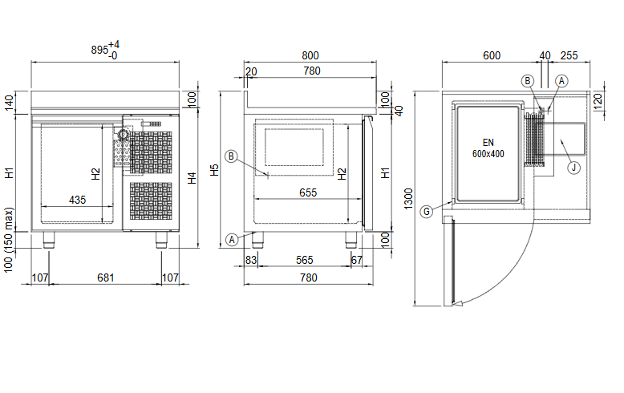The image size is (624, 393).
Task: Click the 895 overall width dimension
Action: click(x=99, y=50)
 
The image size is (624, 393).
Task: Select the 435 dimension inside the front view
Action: click(x=77, y=200)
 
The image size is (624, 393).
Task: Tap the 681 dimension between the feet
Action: click(x=105, y=278)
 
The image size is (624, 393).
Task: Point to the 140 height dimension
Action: click(x=9, y=103)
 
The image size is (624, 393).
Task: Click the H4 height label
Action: click(x=192, y=178)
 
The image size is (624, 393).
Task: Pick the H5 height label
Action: click(x=214, y=170)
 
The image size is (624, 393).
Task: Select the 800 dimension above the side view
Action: click(x=310, y=55)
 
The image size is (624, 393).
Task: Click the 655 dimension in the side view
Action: click(x=308, y=193)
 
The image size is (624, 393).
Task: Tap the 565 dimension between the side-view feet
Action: click(x=305, y=260)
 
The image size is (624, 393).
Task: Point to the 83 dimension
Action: click(x=251, y=260)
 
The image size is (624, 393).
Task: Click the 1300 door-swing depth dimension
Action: click(x=408, y=199)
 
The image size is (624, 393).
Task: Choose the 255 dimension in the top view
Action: click(x=569, y=55)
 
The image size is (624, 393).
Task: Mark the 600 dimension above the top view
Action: click(x=492, y=55)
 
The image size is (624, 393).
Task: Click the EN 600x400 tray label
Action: click(x=488, y=148)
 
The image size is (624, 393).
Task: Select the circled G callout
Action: click(x=427, y=211)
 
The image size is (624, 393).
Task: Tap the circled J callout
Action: click(x=573, y=168)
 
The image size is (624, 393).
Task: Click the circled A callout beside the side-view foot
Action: click(x=232, y=240)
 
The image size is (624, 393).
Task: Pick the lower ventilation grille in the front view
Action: click(x=152, y=201)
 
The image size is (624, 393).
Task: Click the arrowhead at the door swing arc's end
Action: click(x=458, y=303)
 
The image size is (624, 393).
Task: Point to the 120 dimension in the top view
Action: click(x=598, y=101)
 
